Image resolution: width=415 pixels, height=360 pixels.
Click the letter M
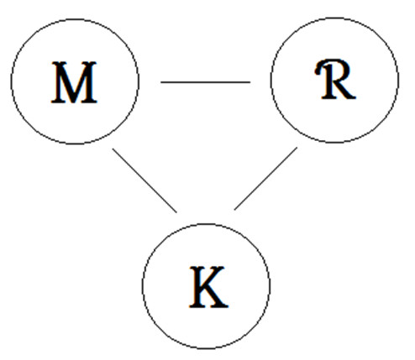pos(74,82)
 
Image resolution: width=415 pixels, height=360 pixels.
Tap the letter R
pos(335,79)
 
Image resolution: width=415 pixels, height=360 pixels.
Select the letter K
pos(208,287)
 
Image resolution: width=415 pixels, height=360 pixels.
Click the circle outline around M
pos(11,81)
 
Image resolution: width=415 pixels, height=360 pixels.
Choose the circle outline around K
pos(142,286)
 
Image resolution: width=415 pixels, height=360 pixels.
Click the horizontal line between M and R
pos(205,82)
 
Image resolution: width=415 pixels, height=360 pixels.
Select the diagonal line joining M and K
pos(144,180)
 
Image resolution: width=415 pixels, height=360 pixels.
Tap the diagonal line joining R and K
pos(265,179)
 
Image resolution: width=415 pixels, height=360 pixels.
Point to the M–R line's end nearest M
pos(160,82)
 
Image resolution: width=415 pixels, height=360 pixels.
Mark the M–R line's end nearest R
pos(250,82)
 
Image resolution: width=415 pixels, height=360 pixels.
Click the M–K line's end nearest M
pos(113,149)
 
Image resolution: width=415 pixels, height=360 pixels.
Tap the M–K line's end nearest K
pos(176,212)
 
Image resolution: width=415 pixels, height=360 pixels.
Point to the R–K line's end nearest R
pos(297,148)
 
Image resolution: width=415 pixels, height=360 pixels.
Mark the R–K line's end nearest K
pos(234,210)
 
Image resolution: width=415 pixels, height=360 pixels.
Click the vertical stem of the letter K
pos(197,287)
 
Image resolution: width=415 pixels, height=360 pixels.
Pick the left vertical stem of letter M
pos(58,82)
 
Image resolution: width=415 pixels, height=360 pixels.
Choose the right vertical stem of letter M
pos(90,82)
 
